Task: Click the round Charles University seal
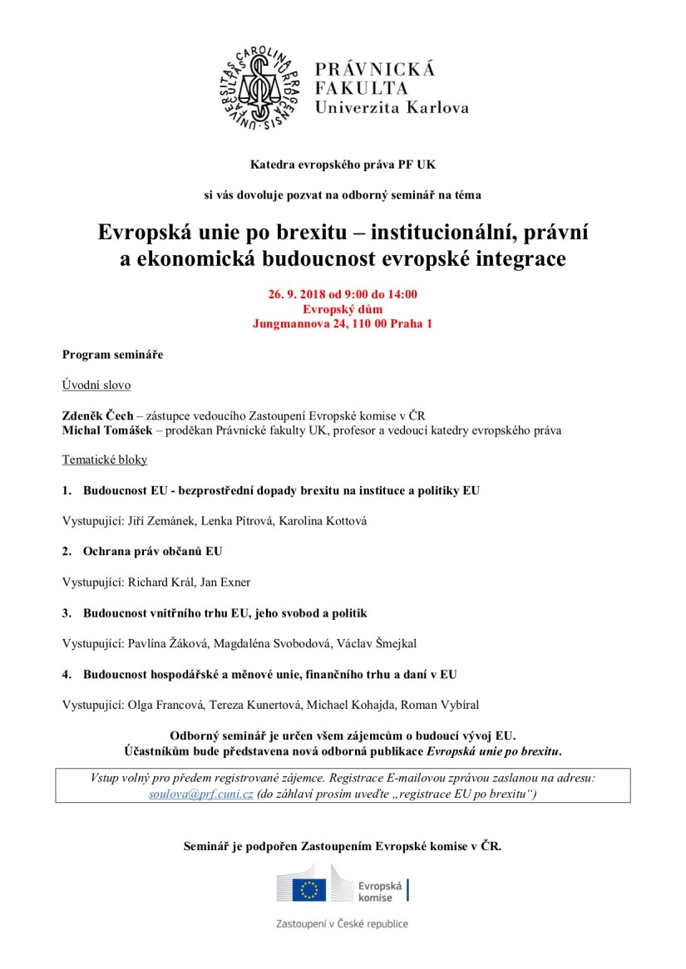259,87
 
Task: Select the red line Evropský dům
343,309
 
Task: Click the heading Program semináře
113,355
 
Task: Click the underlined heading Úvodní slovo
96,386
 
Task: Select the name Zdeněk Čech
97,416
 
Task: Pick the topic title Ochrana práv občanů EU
152,551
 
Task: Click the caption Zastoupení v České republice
343,923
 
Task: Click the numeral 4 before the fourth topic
66,674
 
